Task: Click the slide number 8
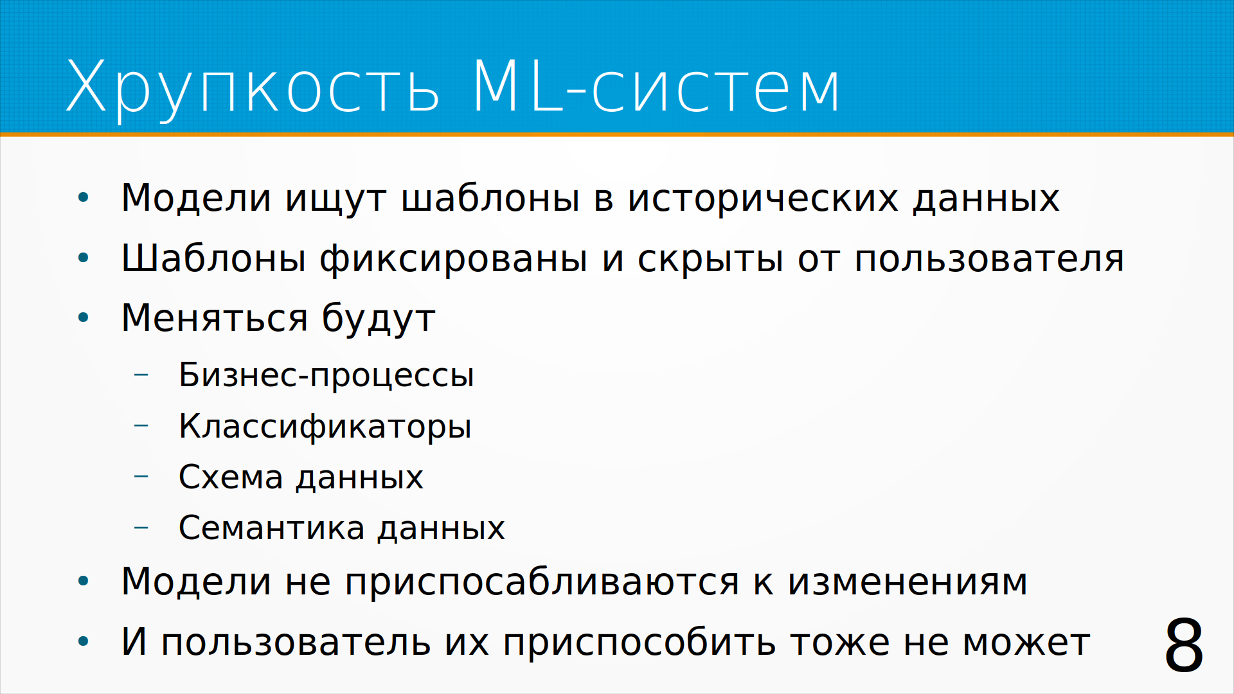tap(1184, 645)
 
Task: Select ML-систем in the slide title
tap(656, 86)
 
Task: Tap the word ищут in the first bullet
tap(335, 199)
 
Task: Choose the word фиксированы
tap(453, 259)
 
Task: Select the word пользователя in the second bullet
tap(989, 260)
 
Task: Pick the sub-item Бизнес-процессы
tap(326, 375)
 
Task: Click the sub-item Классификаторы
tap(325, 427)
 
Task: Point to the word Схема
tap(231, 477)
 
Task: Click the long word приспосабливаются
tap(542, 583)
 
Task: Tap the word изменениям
tap(908, 583)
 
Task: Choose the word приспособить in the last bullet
tap(639, 642)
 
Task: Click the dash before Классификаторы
tap(141, 425)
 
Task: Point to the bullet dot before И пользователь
tap(83, 641)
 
